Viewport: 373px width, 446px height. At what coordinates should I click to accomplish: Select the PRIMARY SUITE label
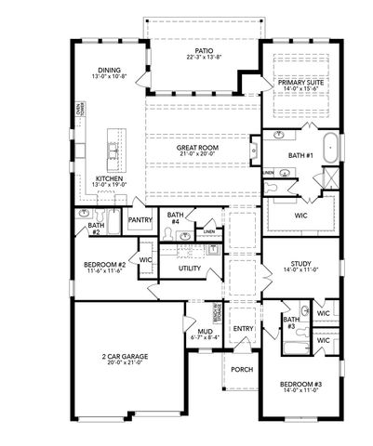coord(300,83)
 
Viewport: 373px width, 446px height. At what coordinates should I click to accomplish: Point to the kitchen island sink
coord(114,149)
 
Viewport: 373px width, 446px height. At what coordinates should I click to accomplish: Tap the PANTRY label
coord(140,220)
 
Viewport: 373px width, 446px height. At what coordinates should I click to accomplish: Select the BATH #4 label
coord(174,218)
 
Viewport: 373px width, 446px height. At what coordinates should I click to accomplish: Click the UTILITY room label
coord(190,269)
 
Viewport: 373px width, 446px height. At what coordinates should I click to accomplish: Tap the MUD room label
coord(203,333)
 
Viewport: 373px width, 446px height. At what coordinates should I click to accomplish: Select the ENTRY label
coord(243,329)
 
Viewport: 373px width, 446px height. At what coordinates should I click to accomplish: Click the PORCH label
coord(242,369)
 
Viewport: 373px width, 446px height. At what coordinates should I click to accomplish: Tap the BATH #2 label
coord(95,228)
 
